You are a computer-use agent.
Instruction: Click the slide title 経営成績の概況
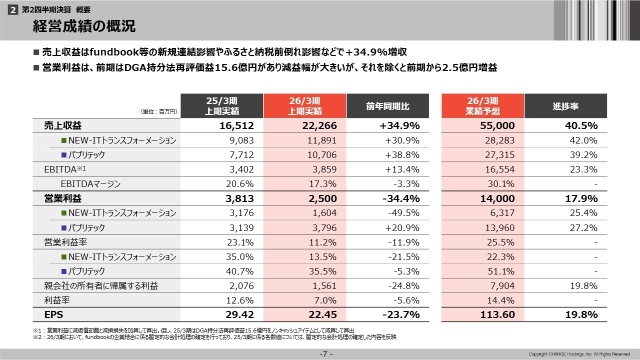(x=84, y=26)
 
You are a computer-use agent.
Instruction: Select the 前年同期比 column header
(x=387, y=106)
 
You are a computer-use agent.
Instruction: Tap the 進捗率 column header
(x=565, y=106)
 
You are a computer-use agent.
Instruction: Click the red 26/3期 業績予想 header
(x=482, y=106)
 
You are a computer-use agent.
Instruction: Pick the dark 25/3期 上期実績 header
(x=221, y=106)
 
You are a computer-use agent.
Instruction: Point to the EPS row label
(x=53, y=314)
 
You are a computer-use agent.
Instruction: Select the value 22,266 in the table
(x=320, y=125)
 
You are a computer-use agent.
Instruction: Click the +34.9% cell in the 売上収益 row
(x=400, y=125)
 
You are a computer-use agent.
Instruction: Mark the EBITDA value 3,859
(x=323, y=169)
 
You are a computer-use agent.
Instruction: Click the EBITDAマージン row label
(x=90, y=184)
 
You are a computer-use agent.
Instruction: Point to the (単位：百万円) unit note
(x=159, y=112)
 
